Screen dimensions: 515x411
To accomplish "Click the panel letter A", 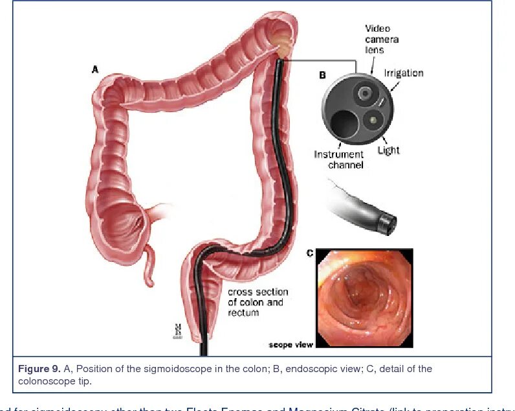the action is [x=95, y=69].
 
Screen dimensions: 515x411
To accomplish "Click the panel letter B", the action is [x=322, y=75].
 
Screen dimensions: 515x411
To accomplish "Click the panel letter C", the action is [x=310, y=253].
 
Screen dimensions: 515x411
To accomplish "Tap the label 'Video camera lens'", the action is [x=382, y=39].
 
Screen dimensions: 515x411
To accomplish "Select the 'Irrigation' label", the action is [x=403, y=73].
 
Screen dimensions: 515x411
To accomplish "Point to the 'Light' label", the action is [x=388, y=150].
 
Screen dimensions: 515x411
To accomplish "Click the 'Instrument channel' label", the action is [x=339, y=159].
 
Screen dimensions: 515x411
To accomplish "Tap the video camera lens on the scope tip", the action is [x=366, y=94].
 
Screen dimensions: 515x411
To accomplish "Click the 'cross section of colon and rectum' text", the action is [x=257, y=302].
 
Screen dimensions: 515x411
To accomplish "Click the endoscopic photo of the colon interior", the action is [x=364, y=297].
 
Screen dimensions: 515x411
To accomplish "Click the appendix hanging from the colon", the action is [x=148, y=266].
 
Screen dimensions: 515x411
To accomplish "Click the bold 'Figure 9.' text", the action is [x=39, y=369].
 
